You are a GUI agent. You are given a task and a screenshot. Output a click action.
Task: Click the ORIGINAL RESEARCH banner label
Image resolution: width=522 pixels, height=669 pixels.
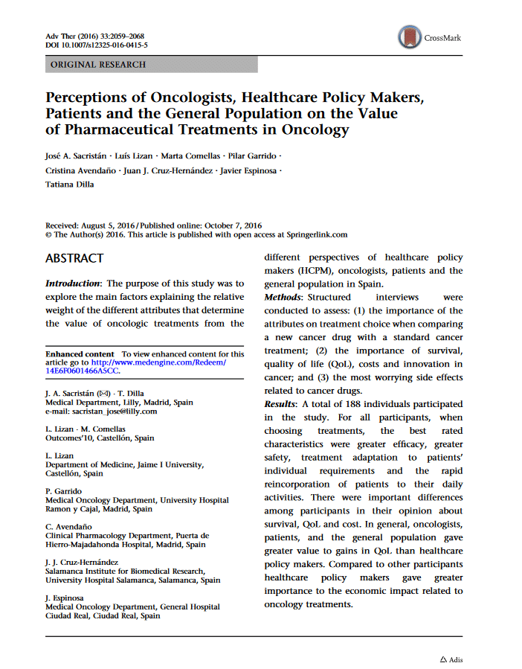97,65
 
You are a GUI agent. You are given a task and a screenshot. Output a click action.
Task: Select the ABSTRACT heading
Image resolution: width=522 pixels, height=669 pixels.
74,258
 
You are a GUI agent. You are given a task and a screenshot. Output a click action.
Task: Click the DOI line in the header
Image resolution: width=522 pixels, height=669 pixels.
96,45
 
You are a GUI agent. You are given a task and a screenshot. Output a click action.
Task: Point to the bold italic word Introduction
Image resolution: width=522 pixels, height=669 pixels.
73,284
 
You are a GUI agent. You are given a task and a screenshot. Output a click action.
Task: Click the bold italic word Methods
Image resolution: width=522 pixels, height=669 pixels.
283,297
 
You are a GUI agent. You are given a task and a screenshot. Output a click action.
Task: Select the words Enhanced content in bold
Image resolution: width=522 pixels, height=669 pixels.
80,353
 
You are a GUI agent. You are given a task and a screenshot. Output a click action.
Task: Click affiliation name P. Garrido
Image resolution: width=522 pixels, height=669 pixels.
64,491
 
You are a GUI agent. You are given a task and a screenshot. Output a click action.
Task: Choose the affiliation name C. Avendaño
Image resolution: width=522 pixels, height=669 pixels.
68,526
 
